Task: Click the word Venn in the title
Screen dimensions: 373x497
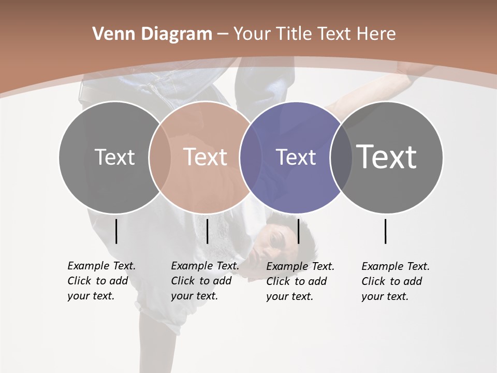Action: pyautogui.click(x=110, y=34)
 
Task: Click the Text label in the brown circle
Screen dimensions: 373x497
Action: pyautogui.click(x=206, y=157)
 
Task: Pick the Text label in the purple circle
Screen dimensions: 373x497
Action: pyautogui.click(x=296, y=157)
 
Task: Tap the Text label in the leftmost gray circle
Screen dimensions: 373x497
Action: pyautogui.click(x=114, y=157)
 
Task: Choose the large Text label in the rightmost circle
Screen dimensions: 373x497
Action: pyautogui.click(x=387, y=156)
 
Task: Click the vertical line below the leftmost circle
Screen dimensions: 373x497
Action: pyautogui.click(x=116, y=231)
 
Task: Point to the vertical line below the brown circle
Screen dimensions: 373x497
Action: pyautogui.click(x=207, y=231)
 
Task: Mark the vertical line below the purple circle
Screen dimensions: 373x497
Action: pyautogui.click(x=298, y=231)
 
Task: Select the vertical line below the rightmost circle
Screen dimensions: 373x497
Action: pyautogui.click(x=385, y=231)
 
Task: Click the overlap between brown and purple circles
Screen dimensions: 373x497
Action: pyautogui.click(x=251, y=157)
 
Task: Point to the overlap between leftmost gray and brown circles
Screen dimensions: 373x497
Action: pyautogui.click(x=159, y=157)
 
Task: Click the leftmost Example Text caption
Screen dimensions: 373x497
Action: pyautogui.click(x=101, y=281)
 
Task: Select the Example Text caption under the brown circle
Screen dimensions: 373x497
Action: pyautogui.click(x=205, y=281)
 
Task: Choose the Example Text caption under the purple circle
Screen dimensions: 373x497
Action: pyautogui.click(x=300, y=281)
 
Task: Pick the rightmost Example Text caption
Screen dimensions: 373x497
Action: pyautogui.click(x=396, y=281)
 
